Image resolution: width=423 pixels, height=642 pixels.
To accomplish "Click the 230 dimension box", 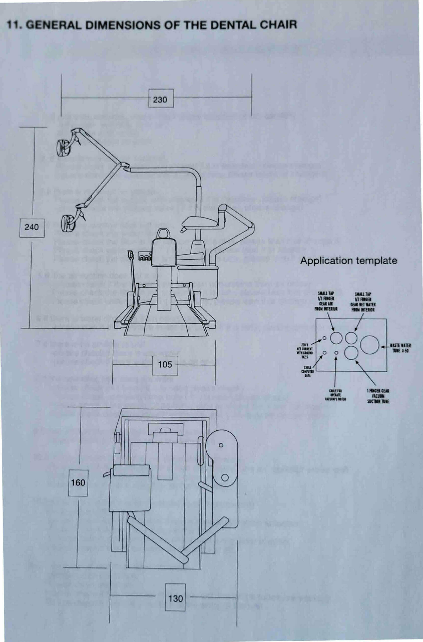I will point(161,99).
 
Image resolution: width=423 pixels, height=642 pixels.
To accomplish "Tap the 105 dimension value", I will point(165,365).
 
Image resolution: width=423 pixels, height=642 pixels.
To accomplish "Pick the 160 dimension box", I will point(78,482).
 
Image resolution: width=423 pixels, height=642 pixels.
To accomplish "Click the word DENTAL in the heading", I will point(234,25).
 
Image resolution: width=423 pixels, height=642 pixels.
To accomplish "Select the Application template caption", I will point(349,260).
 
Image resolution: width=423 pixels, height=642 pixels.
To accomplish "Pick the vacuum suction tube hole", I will point(351,353).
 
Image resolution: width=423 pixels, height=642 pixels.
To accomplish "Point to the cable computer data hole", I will point(325,352).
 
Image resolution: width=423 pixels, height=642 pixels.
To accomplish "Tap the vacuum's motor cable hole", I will point(336,353).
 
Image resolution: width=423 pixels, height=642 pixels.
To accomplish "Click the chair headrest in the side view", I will point(162,233).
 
